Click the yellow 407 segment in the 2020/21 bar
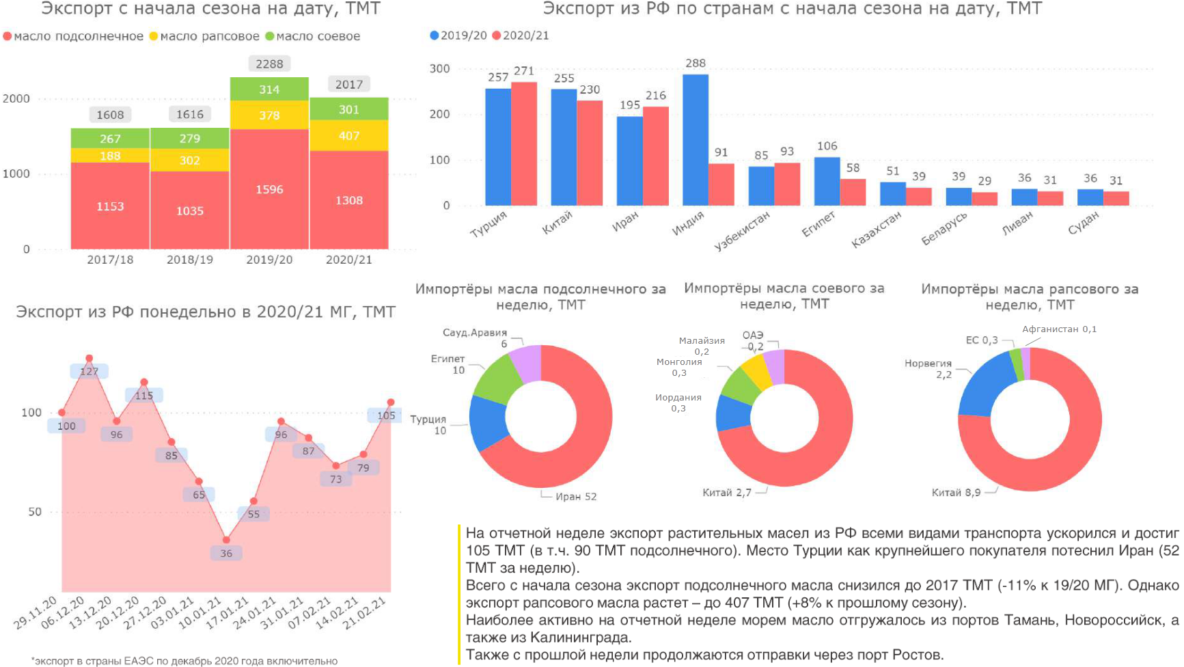pyautogui.click(x=348, y=135)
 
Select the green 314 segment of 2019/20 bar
pyautogui.click(x=269, y=90)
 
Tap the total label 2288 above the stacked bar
pyautogui.click(x=269, y=64)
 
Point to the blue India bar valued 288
pyautogui.click(x=695, y=140)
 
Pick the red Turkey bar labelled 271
pyautogui.click(x=524, y=144)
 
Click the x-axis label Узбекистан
pyautogui.click(x=742, y=230)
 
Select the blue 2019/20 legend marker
pyautogui.click(x=435, y=36)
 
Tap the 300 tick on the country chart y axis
pyautogui.click(x=439, y=68)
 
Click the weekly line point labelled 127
pyautogui.click(x=89, y=359)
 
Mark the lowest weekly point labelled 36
pyautogui.click(x=226, y=541)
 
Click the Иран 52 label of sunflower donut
pyautogui.click(x=576, y=497)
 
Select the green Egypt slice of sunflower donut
pyautogui.click(x=497, y=380)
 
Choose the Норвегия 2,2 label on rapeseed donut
pyautogui.click(x=928, y=368)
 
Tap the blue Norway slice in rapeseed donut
pyautogui.click(x=984, y=385)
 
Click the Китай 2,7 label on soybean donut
pyautogui.click(x=727, y=493)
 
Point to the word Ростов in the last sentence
pyautogui.click(x=918, y=655)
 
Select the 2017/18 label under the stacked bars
pyautogui.click(x=110, y=260)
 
